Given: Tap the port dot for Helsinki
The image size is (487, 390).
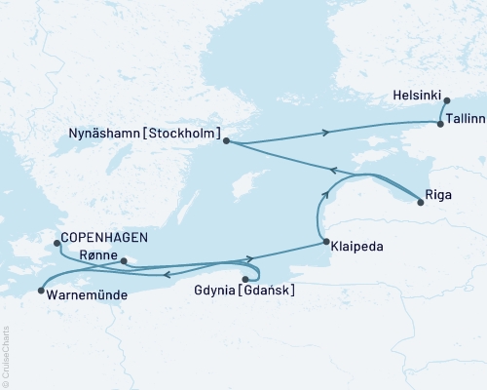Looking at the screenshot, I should click(x=446, y=100).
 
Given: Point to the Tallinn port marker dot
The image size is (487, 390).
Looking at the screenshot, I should click(x=440, y=124).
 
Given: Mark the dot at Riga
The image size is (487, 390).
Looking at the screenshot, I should click(x=420, y=202).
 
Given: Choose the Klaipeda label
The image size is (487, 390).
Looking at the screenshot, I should click(x=356, y=247).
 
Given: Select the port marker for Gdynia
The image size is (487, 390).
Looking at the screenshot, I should click(x=244, y=279).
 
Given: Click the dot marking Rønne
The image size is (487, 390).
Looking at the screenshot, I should click(x=123, y=261).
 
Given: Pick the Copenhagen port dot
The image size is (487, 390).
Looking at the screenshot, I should click(x=56, y=243).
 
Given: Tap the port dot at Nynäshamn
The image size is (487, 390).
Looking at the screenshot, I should click(x=226, y=141).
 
